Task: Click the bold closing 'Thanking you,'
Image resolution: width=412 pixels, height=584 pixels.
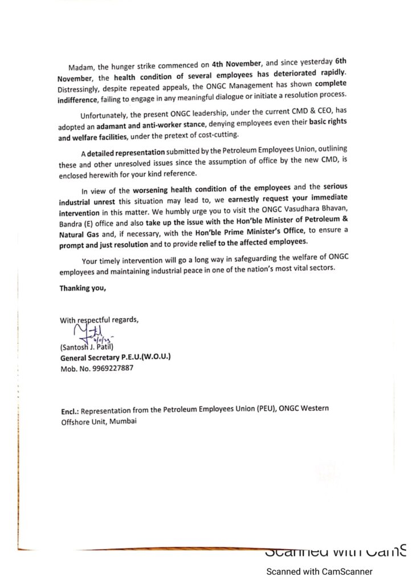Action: [x=83, y=288]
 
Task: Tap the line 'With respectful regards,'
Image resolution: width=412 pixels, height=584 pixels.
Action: [x=99, y=320]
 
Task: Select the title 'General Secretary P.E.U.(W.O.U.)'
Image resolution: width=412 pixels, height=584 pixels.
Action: [x=115, y=357]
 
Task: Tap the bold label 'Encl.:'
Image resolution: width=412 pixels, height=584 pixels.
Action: [x=70, y=411]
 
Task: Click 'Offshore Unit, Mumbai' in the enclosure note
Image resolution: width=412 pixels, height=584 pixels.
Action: [x=100, y=421]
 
